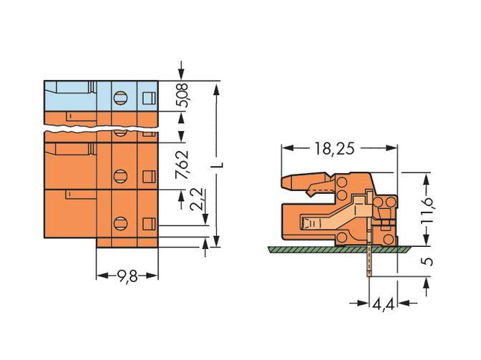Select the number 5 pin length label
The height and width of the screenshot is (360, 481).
pos(427,261)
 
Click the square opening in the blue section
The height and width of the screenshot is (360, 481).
pos(148,97)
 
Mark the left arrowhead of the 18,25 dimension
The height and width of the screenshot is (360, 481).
pos(287,149)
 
